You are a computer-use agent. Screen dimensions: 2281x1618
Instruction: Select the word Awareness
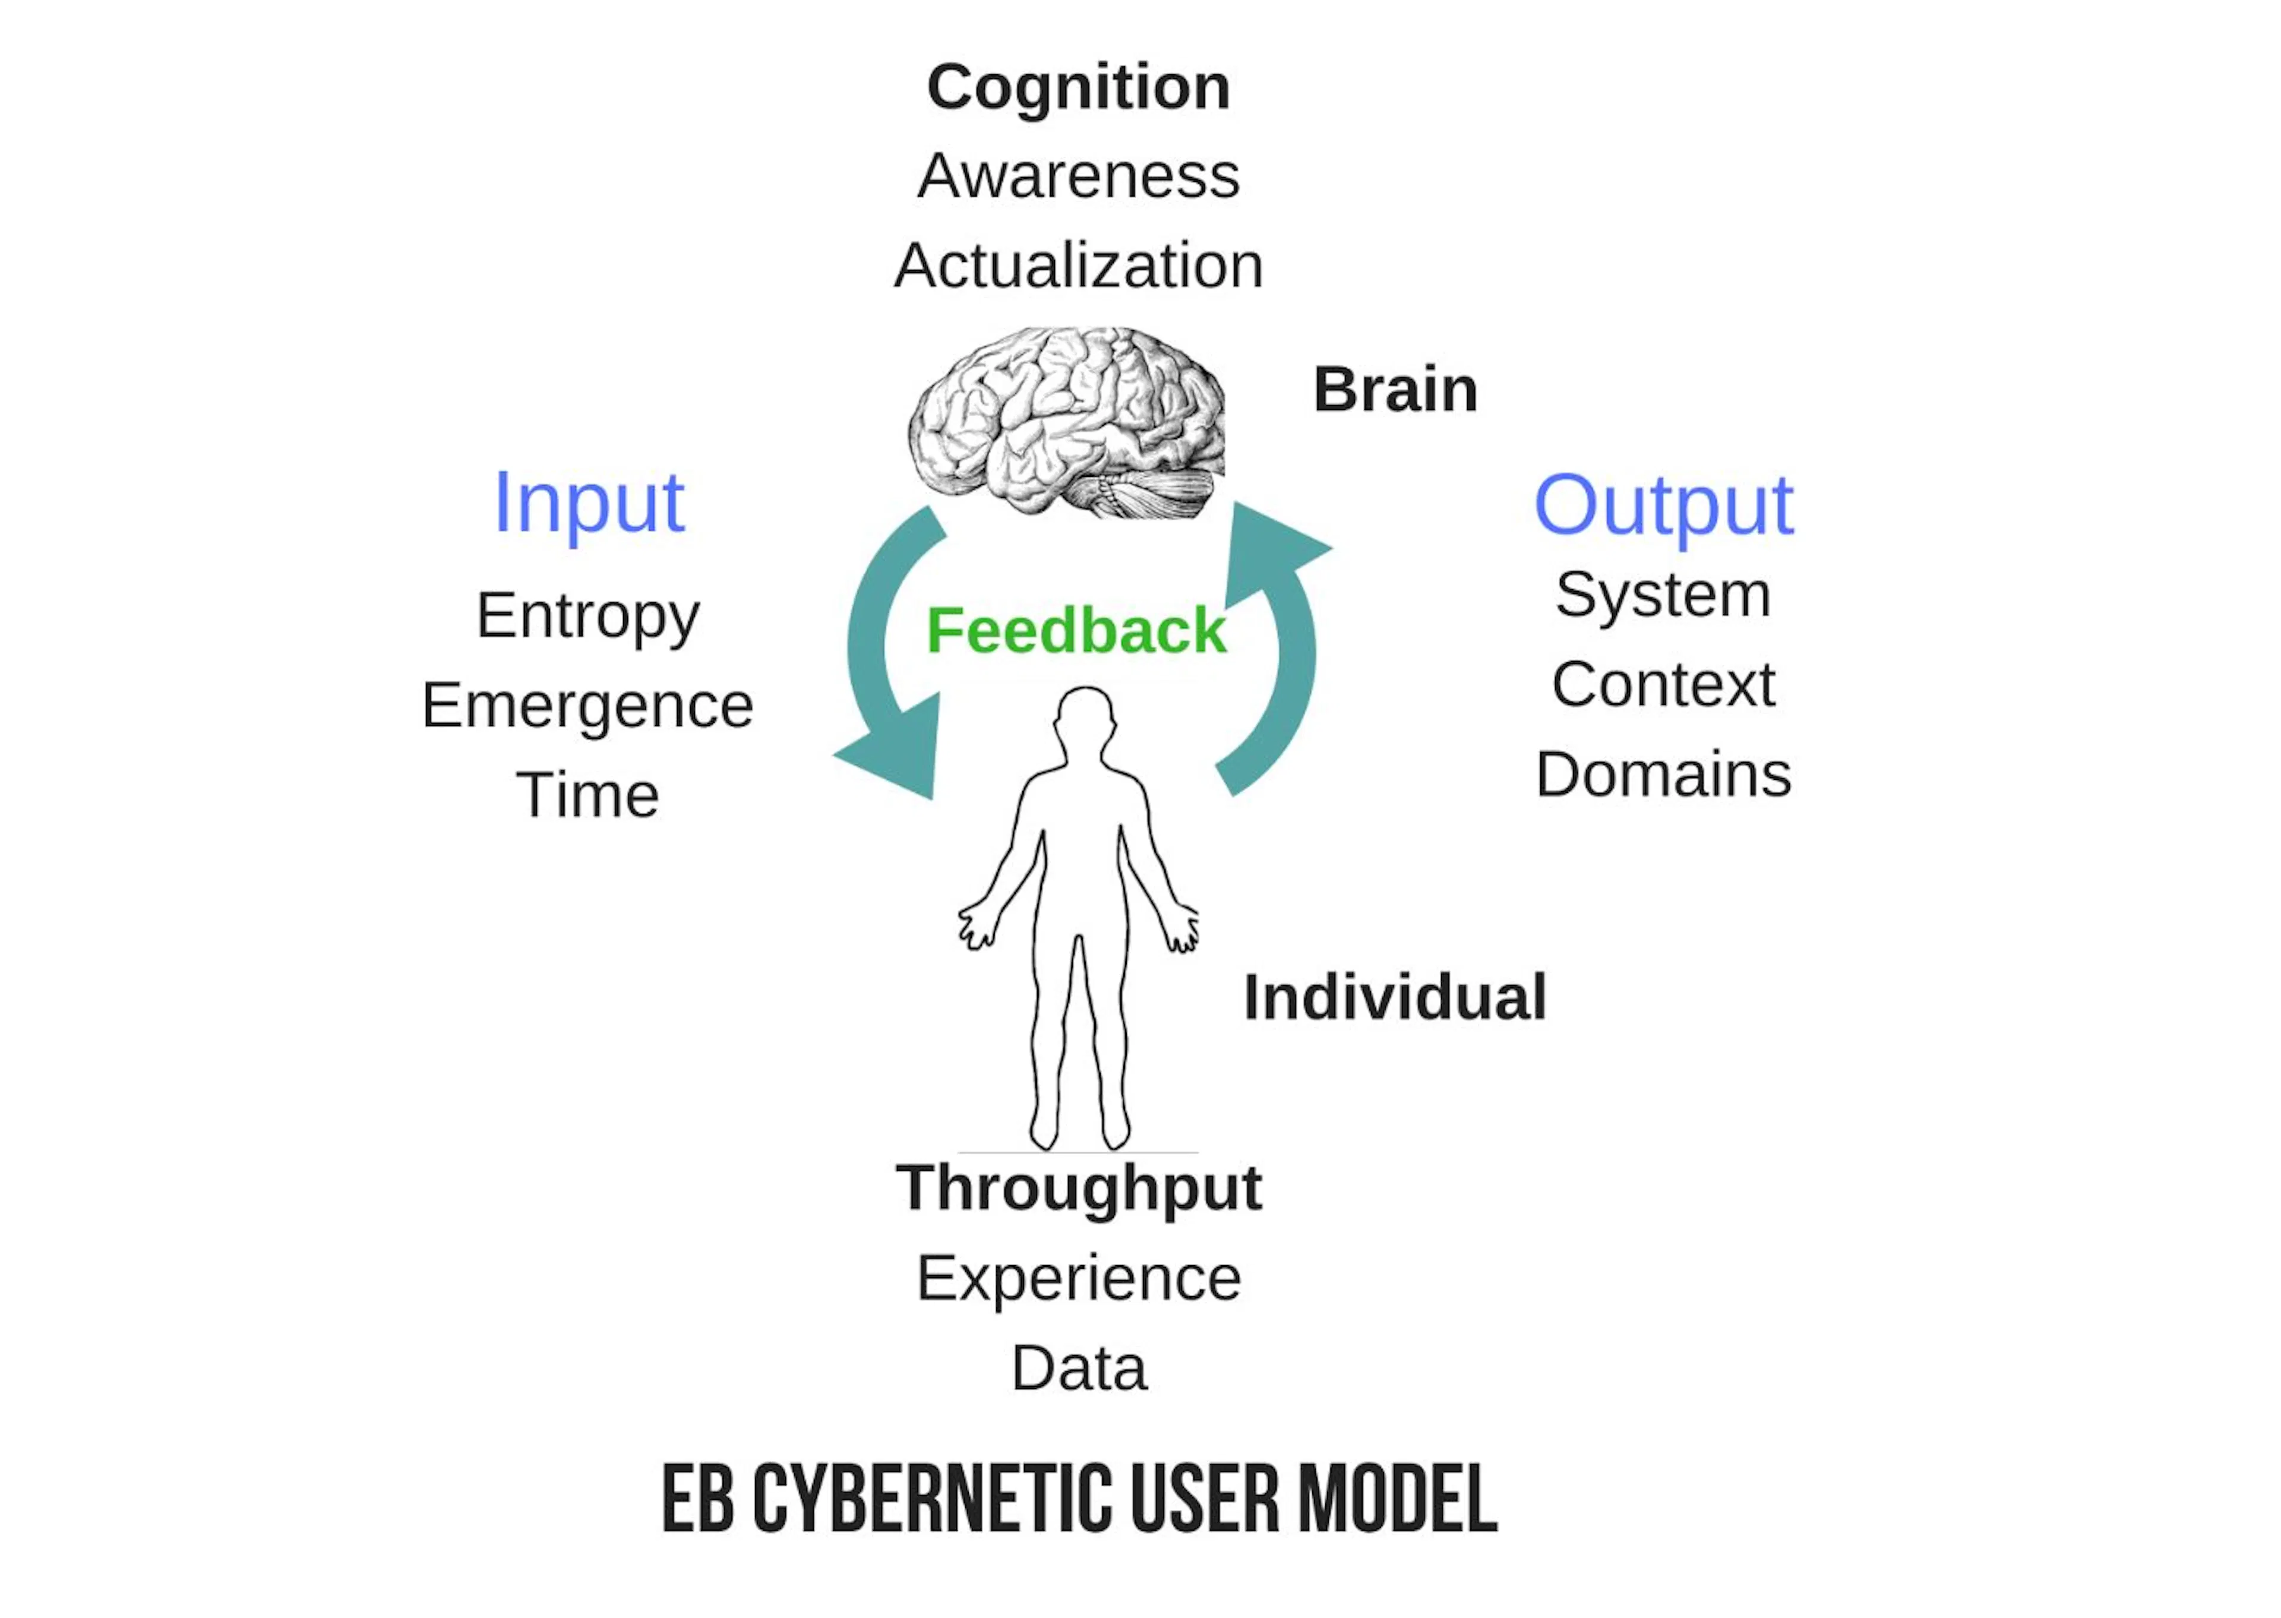[x=1079, y=176]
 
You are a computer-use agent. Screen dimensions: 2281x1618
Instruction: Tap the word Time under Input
[x=587, y=795]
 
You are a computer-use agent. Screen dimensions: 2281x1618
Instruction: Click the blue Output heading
[x=1663, y=506]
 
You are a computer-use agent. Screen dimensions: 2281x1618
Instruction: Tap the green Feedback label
[x=1077, y=631]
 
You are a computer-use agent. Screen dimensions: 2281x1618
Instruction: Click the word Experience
[x=1079, y=1279]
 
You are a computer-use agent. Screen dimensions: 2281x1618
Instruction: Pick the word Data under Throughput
[x=1079, y=1369]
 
